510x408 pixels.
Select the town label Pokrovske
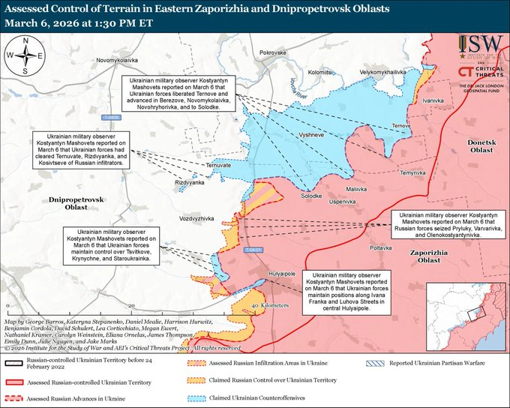point(272,54)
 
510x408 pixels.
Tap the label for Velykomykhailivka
point(382,71)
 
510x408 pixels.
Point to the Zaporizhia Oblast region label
point(425,256)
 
